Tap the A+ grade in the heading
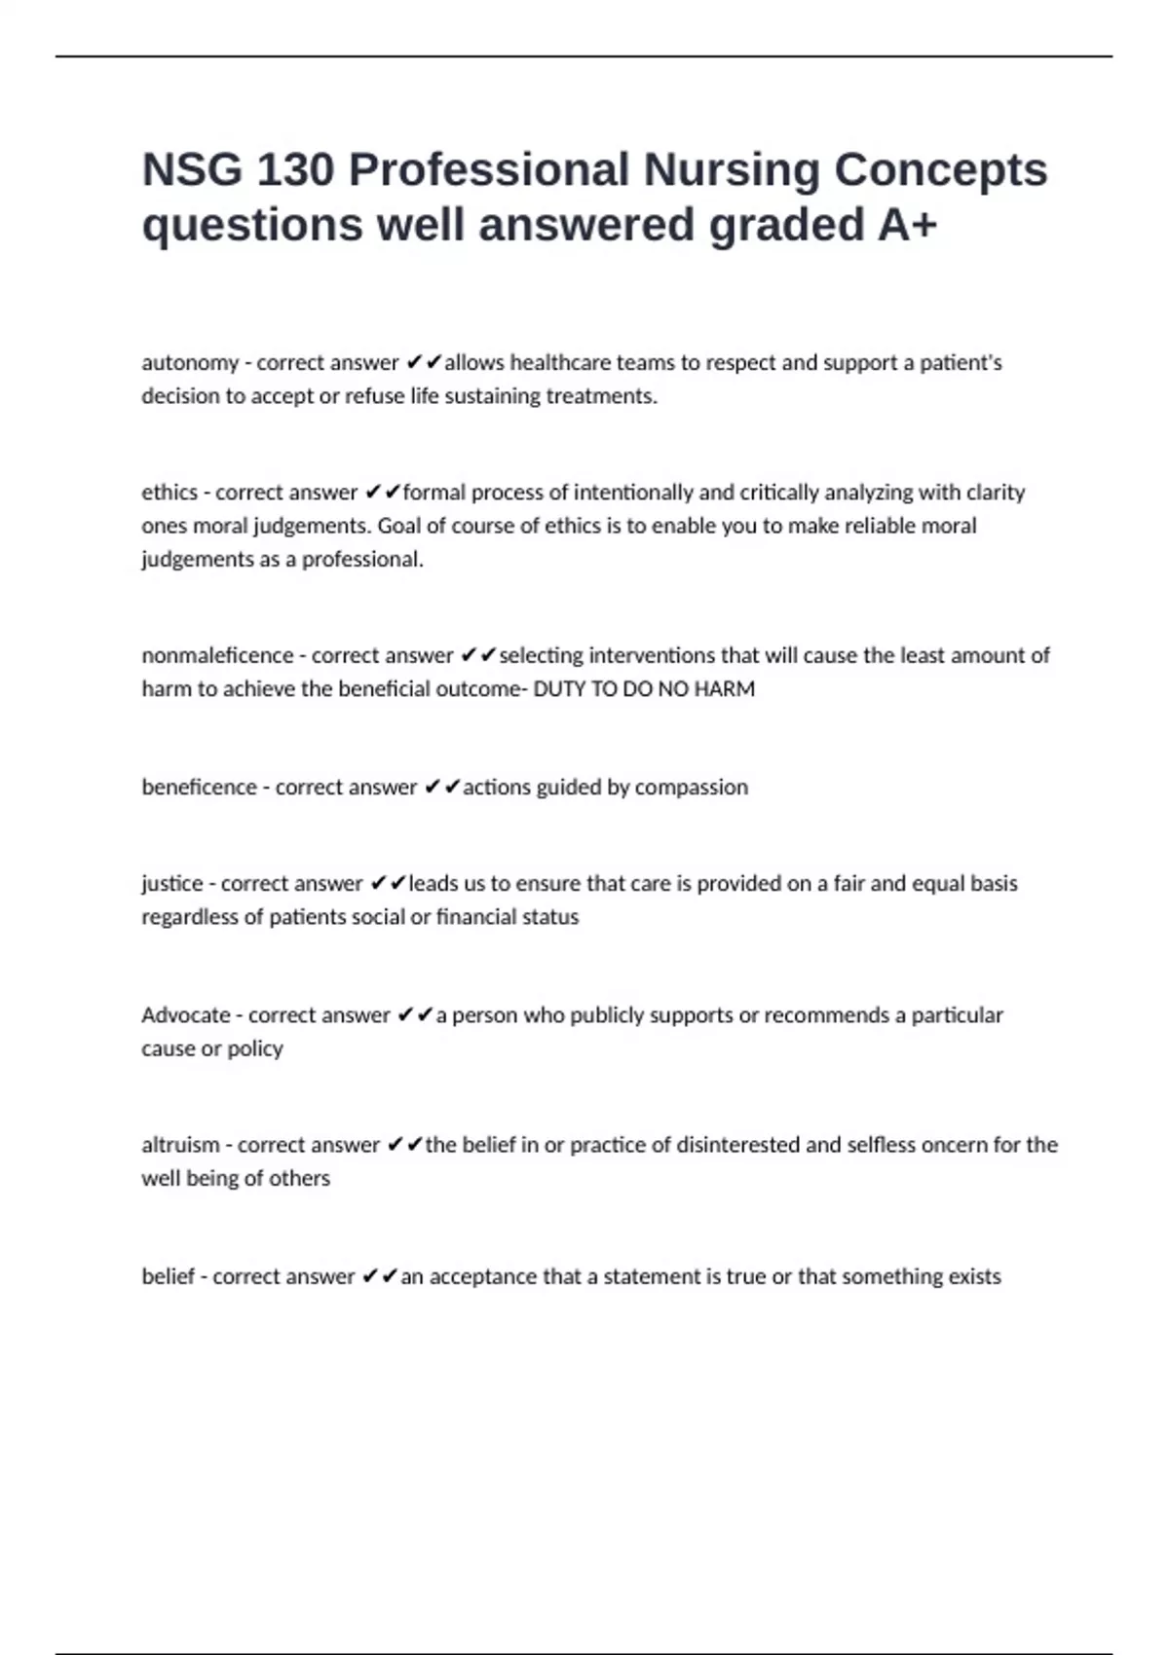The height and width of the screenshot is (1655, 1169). click(907, 225)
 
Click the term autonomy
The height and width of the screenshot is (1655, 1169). click(190, 363)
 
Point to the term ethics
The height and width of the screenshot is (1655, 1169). click(170, 493)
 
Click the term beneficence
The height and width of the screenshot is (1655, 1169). click(199, 787)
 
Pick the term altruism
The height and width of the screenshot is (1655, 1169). click(180, 1145)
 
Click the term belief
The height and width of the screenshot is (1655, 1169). click(168, 1276)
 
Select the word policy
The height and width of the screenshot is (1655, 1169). click(255, 1049)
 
